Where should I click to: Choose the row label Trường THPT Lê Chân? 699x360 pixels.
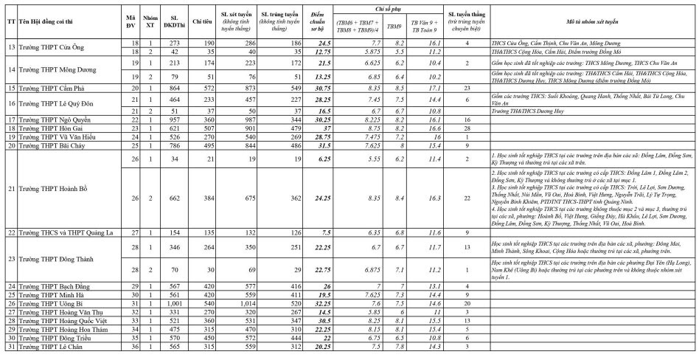[x=48, y=347]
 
